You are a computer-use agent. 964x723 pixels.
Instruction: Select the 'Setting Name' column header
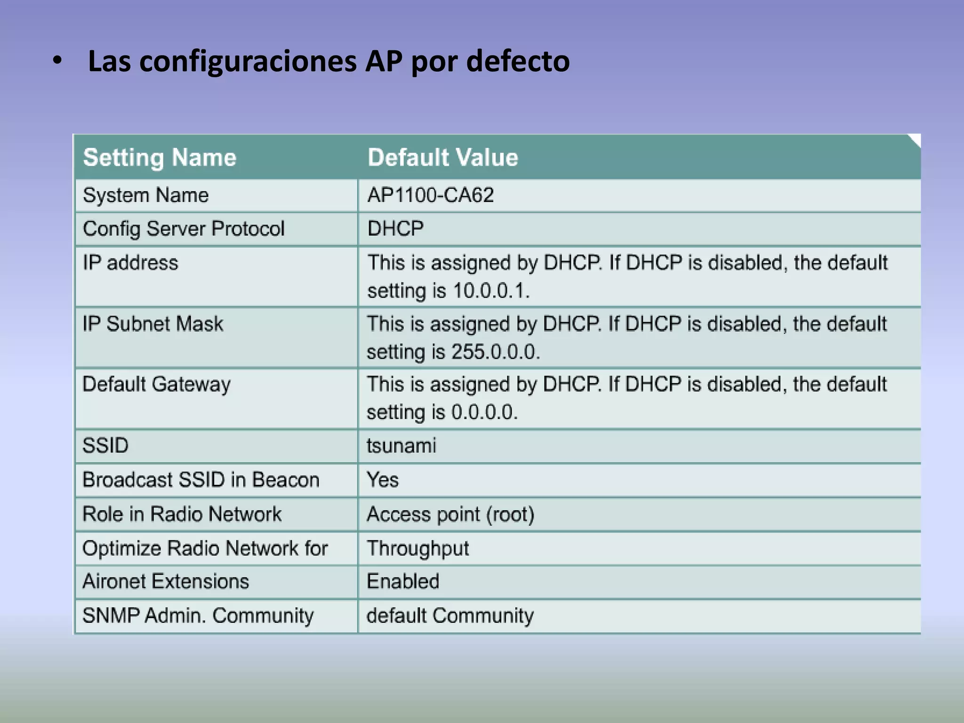pyautogui.click(x=160, y=157)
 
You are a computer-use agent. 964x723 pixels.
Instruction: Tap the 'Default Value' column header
pyautogui.click(x=442, y=157)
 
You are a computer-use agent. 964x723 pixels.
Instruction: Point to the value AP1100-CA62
pyautogui.click(x=430, y=195)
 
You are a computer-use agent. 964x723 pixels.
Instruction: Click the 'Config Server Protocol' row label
pyautogui.click(x=184, y=229)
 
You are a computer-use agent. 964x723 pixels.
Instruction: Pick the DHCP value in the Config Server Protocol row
pyautogui.click(x=395, y=229)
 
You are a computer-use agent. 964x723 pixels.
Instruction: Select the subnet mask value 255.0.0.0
pyautogui.click(x=495, y=352)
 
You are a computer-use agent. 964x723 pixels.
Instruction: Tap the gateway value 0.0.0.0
pyautogui.click(x=484, y=412)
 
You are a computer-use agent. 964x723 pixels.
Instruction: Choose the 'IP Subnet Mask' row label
pyautogui.click(x=153, y=324)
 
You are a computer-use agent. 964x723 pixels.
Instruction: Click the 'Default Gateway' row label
pyautogui.click(x=156, y=385)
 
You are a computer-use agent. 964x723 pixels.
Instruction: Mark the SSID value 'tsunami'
pyautogui.click(x=401, y=446)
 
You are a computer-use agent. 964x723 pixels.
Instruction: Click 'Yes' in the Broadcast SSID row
pyautogui.click(x=382, y=480)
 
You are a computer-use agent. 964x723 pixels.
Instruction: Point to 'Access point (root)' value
pyautogui.click(x=450, y=514)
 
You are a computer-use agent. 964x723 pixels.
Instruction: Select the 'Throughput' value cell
pyautogui.click(x=418, y=548)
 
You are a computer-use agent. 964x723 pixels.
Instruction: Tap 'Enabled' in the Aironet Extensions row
pyautogui.click(x=403, y=582)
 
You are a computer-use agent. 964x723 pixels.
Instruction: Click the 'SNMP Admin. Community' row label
pyautogui.click(x=198, y=616)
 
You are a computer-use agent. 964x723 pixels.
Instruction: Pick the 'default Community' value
pyautogui.click(x=450, y=616)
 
